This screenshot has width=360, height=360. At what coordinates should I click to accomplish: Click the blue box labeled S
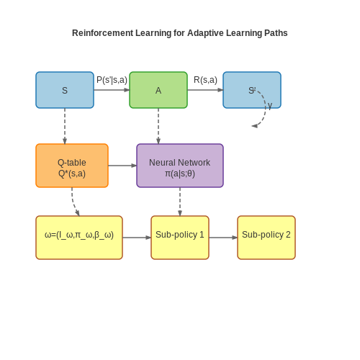[x=65, y=90]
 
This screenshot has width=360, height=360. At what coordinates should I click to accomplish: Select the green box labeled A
[x=158, y=90]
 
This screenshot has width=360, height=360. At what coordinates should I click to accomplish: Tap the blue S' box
[x=252, y=90]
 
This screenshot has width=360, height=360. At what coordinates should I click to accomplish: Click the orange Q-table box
[x=72, y=166]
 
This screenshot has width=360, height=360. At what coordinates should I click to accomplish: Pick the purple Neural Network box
[x=180, y=166]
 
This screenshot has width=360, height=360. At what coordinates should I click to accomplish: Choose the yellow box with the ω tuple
[x=79, y=238]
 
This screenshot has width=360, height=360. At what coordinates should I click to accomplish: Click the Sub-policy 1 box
[x=180, y=238]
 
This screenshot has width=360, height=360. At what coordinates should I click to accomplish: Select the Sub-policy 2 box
[x=266, y=238]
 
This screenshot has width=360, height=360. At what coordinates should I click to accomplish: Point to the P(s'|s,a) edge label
[x=112, y=80]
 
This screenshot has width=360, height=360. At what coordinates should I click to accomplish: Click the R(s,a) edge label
[x=205, y=80]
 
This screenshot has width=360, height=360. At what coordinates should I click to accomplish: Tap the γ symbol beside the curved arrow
[x=270, y=105]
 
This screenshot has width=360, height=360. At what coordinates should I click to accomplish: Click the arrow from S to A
[x=112, y=90]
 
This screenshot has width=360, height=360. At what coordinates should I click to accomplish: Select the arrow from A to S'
[x=205, y=90]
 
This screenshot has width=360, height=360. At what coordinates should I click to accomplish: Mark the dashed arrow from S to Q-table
[x=65, y=126]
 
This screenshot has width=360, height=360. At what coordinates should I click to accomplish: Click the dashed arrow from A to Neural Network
[x=158, y=126]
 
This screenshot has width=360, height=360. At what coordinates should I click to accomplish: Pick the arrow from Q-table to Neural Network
[x=122, y=166]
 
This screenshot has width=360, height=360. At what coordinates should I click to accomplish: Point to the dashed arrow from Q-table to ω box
[x=73, y=203]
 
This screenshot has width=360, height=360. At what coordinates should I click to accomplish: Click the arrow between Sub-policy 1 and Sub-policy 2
[x=223, y=238]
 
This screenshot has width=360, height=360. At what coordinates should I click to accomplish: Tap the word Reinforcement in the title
[x=102, y=33]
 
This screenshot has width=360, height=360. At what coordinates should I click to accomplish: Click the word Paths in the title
[x=276, y=33]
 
